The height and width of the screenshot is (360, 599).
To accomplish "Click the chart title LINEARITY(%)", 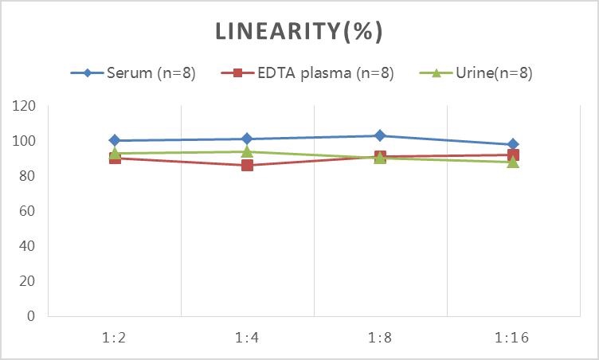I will point(299,32).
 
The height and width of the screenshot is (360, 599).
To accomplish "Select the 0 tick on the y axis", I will point(32,316).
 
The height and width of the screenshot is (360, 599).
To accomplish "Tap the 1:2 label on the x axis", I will point(115,337).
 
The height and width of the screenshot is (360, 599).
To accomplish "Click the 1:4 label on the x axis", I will point(247,337).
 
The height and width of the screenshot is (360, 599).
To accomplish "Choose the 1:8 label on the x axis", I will point(380,337).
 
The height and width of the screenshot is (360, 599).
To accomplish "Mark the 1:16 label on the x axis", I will point(513,337).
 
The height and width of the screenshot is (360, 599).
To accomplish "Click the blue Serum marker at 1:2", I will point(115,140).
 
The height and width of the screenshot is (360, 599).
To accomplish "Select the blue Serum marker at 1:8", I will point(380,135).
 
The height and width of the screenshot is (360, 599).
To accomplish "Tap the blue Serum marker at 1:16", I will point(513,144).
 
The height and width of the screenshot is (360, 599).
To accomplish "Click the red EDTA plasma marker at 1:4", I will point(247,166).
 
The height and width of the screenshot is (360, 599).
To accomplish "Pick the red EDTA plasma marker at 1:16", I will point(513,155).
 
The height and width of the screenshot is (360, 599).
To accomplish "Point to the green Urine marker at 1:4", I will point(247,151).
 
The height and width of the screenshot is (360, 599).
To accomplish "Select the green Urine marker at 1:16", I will point(513,162).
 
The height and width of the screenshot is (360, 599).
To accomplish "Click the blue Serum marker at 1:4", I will point(247,139).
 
